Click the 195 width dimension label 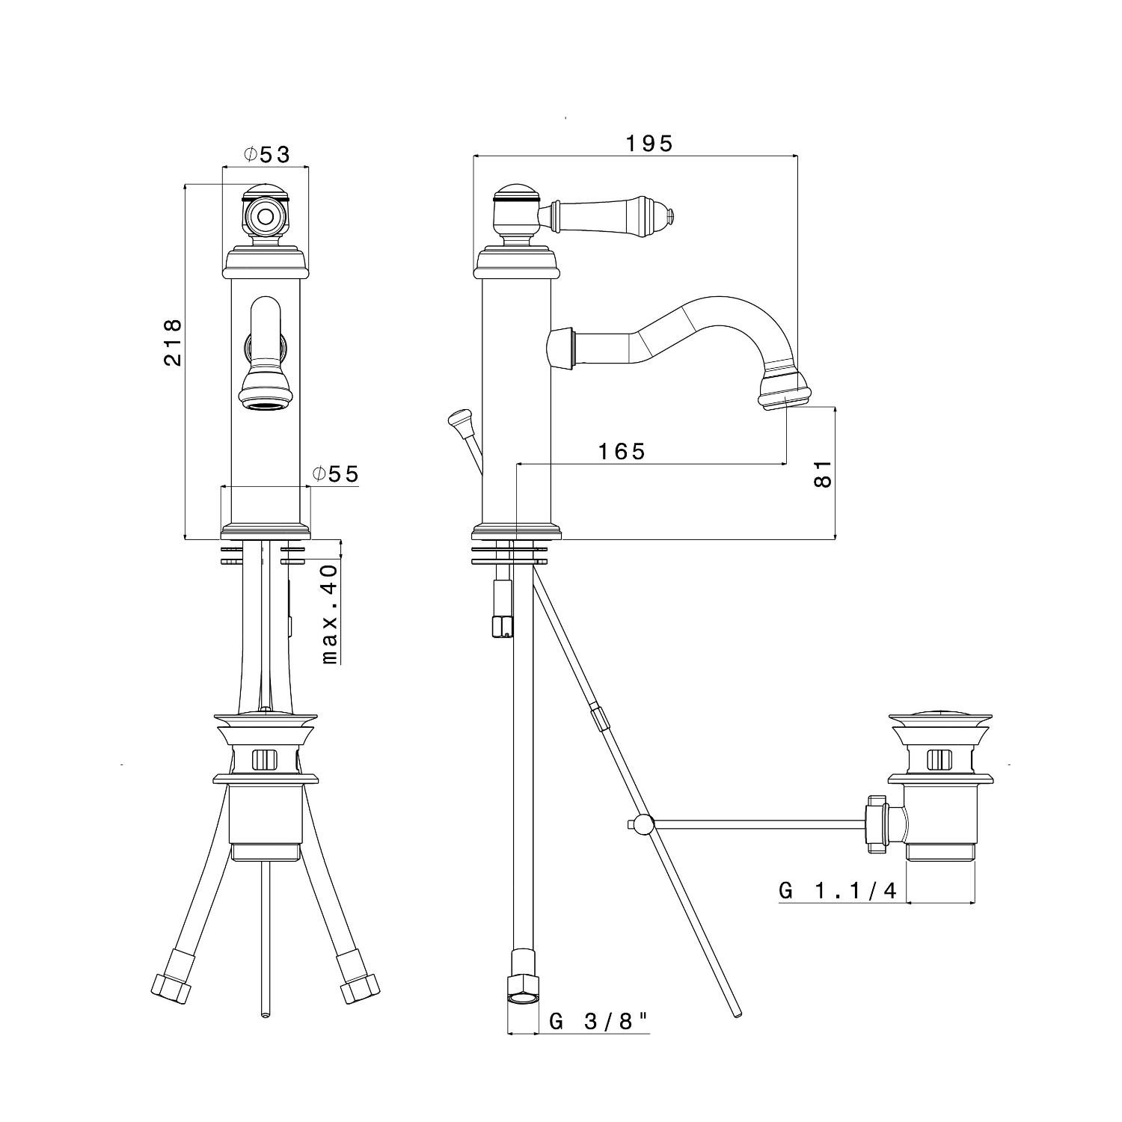[649, 143]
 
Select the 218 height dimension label [174, 343]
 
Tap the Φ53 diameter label [266, 154]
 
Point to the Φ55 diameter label [336, 473]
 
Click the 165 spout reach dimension [622, 451]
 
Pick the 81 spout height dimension [822, 473]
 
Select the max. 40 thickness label [329, 614]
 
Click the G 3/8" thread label [598, 1021]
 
